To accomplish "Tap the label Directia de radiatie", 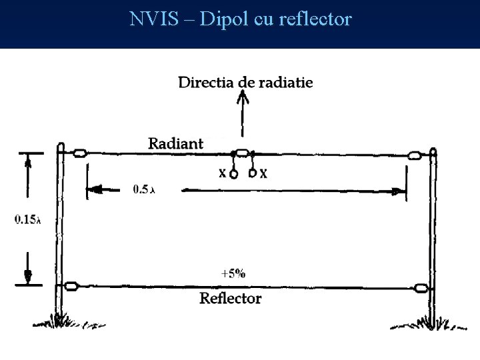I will pyautogui.click(x=245, y=83).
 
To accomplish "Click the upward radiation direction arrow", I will pyautogui.click(x=244, y=113).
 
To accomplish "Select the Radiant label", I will pyautogui.click(x=175, y=143).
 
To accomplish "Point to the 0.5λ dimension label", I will pyautogui.click(x=143, y=189).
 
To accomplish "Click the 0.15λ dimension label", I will pyautogui.click(x=27, y=219).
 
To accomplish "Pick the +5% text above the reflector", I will pyautogui.click(x=233, y=273).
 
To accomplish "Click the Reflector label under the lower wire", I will pyautogui.click(x=231, y=298).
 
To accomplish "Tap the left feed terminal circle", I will pyautogui.click(x=233, y=175).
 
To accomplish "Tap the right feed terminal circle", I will pyautogui.click(x=253, y=175).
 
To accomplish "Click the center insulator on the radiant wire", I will pyautogui.click(x=243, y=153).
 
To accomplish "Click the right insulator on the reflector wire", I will pyautogui.click(x=421, y=289).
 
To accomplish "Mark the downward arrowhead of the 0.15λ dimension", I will pyautogui.click(x=28, y=274).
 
